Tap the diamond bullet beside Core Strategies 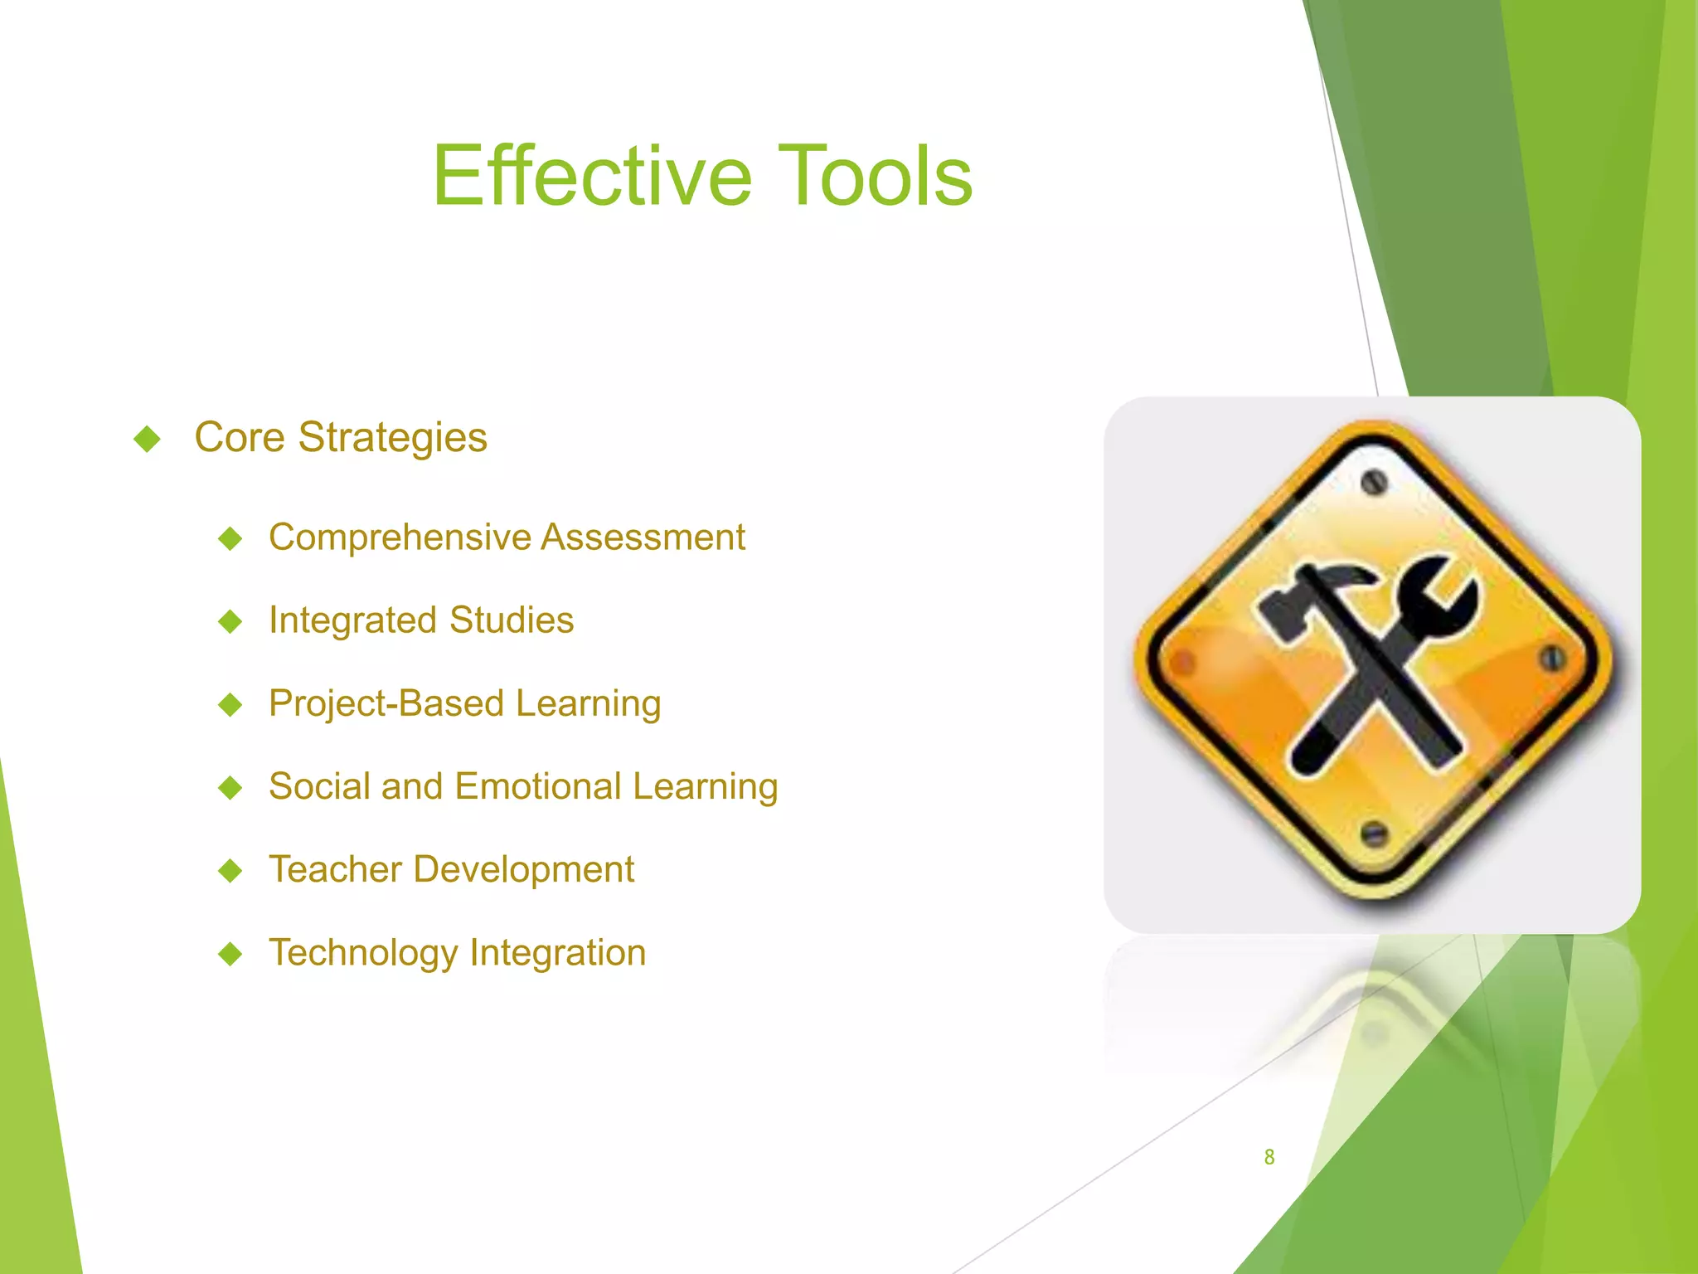(x=147, y=439)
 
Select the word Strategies (x=392, y=438)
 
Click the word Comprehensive (x=400, y=537)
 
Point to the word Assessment (x=643, y=537)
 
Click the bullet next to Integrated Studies (x=230, y=621)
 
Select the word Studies (x=512, y=620)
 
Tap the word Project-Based (x=386, y=703)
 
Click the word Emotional (x=538, y=786)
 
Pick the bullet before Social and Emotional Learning (x=230, y=787)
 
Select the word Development (x=524, y=869)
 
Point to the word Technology (x=363, y=953)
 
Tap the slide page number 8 (x=1269, y=1157)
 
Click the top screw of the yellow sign (x=1374, y=482)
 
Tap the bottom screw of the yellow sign (x=1374, y=832)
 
